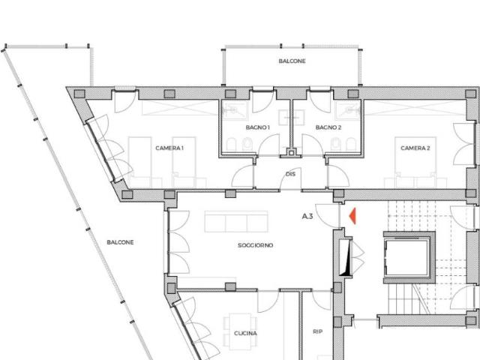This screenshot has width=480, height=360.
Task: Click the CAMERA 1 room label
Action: [169, 148]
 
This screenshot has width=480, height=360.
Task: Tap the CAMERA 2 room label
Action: [415, 148]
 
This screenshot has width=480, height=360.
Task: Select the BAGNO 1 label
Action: [257, 127]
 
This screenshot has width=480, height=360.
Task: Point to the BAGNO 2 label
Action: [328, 127]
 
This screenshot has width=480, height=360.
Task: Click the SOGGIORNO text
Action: [255, 245]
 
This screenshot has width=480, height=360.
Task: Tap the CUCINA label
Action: [245, 333]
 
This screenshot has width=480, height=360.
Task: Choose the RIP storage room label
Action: [317, 331]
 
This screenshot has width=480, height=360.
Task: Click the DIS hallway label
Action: [290, 174]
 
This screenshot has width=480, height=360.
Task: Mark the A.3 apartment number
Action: [307, 217]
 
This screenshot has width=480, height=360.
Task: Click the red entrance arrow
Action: [353, 216]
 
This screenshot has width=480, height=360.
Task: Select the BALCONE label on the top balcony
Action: [292, 61]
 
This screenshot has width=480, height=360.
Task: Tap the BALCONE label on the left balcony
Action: [120, 242]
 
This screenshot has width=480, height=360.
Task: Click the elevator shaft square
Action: [409, 258]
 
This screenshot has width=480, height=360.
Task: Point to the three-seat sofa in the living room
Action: [236, 222]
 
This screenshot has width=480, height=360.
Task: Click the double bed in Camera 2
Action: [415, 163]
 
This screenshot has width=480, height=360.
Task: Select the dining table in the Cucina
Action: [240, 331]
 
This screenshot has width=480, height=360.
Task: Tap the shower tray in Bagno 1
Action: [235, 109]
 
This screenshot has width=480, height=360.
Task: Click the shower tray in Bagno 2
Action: [348, 109]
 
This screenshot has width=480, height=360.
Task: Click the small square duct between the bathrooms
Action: [292, 153]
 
